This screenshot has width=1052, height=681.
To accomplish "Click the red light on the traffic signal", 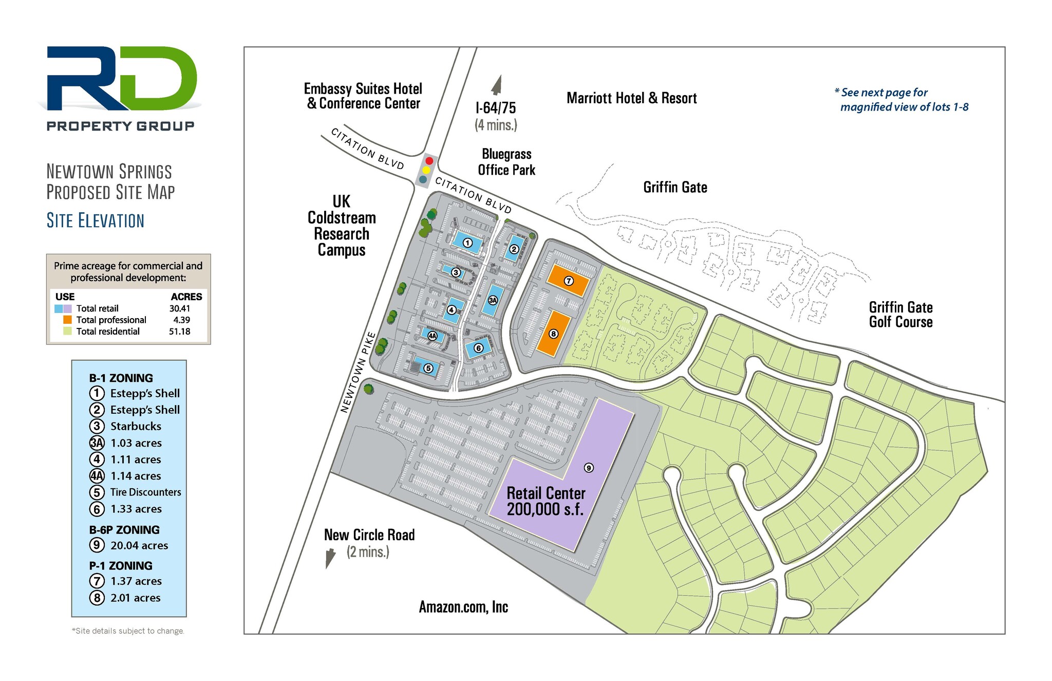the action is (x=429, y=161).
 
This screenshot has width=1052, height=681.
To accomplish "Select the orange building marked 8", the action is (x=554, y=333).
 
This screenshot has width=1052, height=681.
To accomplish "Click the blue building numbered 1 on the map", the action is (x=467, y=242).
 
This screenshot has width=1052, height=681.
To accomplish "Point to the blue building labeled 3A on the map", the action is (x=493, y=300).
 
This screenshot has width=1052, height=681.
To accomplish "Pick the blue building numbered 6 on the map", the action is (x=478, y=348).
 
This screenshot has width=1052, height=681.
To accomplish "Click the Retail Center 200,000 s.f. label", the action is (x=546, y=501).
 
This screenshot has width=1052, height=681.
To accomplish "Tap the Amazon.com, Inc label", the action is (x=463, y=607).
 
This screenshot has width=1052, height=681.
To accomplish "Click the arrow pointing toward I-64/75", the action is (x=496, y=85).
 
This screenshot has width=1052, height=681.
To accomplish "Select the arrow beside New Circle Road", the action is (x=330, y=558).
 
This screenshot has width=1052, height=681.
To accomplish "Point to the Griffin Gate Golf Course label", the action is (x=901, y=315).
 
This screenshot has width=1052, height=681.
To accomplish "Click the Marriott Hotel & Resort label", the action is (x=631, y=98).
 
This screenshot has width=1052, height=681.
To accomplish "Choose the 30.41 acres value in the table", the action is (x=180, y=308).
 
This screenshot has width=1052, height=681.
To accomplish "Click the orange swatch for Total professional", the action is (x=67, y=320).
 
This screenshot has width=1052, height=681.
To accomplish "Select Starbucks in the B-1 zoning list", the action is (x=136, y=426).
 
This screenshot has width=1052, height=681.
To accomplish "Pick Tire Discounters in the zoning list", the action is (x=146, y=492).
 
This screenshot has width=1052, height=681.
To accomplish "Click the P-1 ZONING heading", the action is (x=121, y=565).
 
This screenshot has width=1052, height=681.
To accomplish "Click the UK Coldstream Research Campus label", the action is (x=342, y=226).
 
